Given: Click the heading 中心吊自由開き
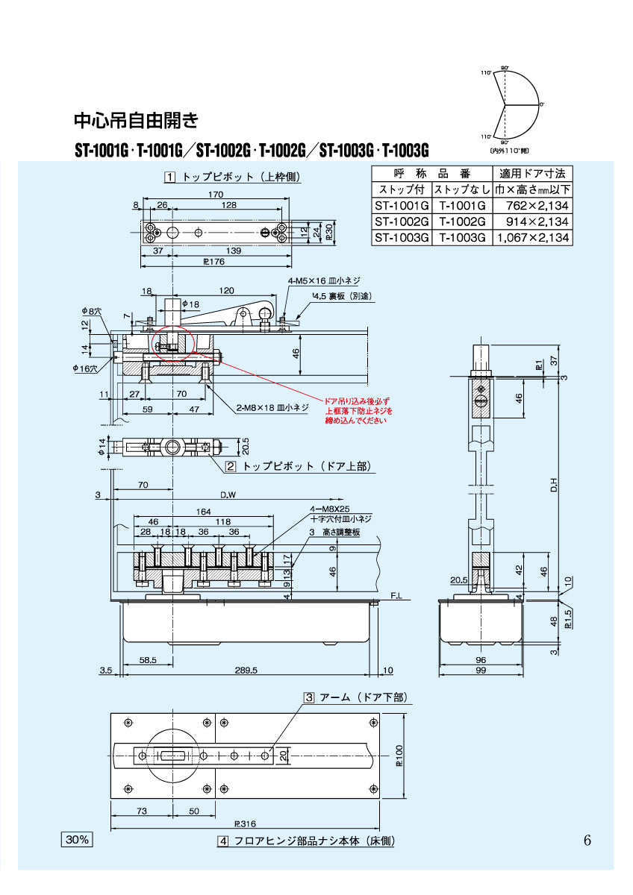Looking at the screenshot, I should (136, 119).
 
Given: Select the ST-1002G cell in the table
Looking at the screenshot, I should (402, 222).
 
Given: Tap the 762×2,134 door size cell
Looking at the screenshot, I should (532, 205).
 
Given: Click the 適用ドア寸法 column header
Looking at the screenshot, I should (532, 173).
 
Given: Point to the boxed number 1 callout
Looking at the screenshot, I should (170, 178).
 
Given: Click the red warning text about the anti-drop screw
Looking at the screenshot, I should (356, 411).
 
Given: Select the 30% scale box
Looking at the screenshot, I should (76, 840).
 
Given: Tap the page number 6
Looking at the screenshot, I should (587, 841).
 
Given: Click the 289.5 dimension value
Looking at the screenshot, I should (245, 671).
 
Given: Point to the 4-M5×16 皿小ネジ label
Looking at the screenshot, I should (325, 281).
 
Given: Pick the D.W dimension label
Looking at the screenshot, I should (228, 495).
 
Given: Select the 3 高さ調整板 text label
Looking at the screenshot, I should (334, 532).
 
